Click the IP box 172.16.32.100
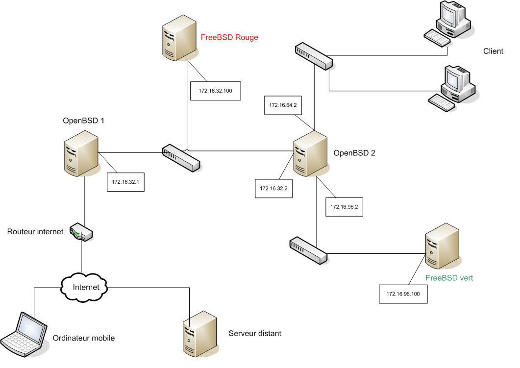pyautogui.click(x=216, y=91)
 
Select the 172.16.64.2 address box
pyautogui.click(x=283, y=105)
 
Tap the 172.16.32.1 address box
pyautogui.click(x=125, y=182)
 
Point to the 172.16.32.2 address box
pyautogui.click(x=273, y=188)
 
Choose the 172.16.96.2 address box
pyautogui.click(x=344, y=206)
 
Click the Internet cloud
pyautogui.click(x=86, y=287)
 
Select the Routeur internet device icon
pyautogui.click(x=81, y=232)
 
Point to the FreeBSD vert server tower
pyautogui.click(x=443, y=246)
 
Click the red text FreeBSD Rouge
pyautogui.click(x=229, y=37)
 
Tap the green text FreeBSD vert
pyautogui.click(x=449, y=278)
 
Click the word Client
pyautogui.click(x=493, y=51)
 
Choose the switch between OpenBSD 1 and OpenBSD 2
pyautogui.click(x=182, y=158)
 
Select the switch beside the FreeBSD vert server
pyautogui.click(x=308, y=250)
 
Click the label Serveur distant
pyautogui.click(x=255, y=333)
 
